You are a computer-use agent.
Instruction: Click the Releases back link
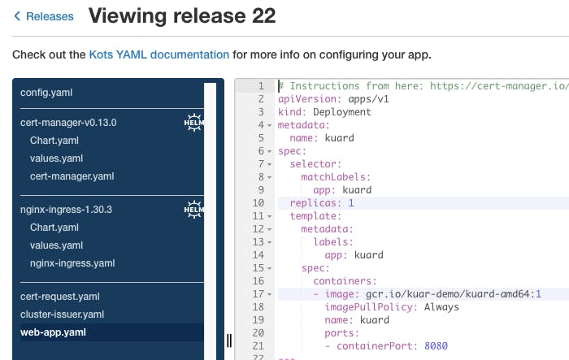click(44, 16)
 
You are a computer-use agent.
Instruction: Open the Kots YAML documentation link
click(159, 54)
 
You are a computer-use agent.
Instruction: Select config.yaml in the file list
click(46, 93)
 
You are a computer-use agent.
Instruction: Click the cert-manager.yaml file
click(72, 176)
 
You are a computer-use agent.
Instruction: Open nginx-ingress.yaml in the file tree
click(72, 263)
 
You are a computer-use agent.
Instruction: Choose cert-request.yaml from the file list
click(60, 297)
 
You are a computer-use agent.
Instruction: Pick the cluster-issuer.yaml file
click(62, 314)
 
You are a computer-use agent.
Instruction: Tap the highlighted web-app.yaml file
click(53, 332)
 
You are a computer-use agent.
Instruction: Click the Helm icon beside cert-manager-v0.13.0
click(193, 122)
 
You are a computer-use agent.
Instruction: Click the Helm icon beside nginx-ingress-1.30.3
click(193, 210)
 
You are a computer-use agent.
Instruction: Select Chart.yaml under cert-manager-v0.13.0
click(54, 141)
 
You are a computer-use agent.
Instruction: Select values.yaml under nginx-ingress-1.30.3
click(56, 245)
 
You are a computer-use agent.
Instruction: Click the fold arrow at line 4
click(270, 126)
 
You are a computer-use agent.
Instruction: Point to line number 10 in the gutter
click(258, 203)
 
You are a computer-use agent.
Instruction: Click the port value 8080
click(436, 346)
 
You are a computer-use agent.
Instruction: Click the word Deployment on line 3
click(342, 112)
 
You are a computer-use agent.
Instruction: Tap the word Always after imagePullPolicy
click(441, 307)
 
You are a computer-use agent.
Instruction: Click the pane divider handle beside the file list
click(229, 340)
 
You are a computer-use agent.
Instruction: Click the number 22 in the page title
click(263, 16)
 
